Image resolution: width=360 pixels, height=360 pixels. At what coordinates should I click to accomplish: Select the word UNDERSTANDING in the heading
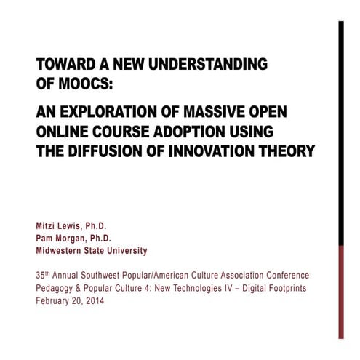[x=209, y=65]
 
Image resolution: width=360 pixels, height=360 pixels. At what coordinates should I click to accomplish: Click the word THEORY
[x=290, y=152]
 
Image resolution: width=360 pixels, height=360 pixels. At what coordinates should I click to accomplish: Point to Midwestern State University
[x=91, y=251]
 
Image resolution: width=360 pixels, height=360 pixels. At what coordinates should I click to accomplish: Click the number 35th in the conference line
[x=44, y=276]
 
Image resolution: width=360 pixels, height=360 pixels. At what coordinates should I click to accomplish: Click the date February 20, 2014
[x=70, y=300]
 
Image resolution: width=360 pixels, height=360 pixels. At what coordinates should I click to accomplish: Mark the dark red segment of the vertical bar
[x=340, y=291]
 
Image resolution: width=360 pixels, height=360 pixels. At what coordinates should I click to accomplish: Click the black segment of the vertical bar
[x=340, y=131]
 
